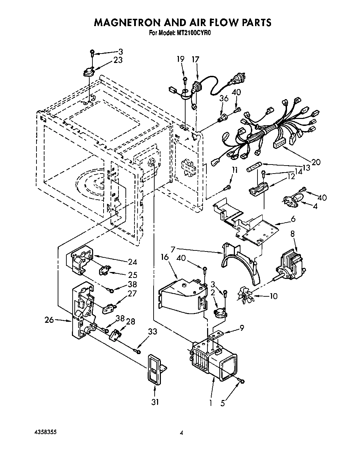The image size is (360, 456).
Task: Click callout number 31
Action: pos(155,402)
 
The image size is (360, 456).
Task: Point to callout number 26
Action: pos(49,320)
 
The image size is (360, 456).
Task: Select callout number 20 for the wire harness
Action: pos(316,162)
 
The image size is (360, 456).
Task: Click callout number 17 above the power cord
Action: pos(196,59)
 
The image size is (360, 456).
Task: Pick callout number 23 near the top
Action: pos(118,60)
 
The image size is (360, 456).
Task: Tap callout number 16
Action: pos(164,257)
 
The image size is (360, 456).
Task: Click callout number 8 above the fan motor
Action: pos(292,233)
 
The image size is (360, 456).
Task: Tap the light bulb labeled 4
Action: pos(293,200)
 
